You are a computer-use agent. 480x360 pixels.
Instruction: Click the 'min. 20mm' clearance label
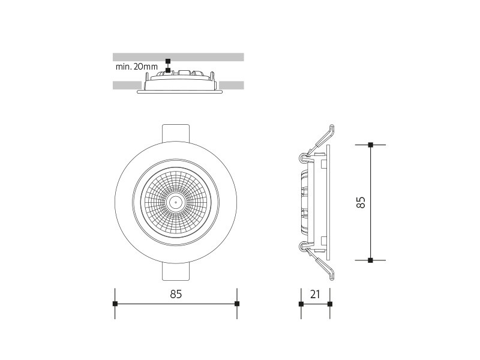pyautogui.click(x=137, y=67)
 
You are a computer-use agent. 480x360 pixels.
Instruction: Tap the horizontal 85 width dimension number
pyautogui.click(x=176, y=294)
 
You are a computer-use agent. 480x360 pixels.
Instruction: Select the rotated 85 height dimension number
pyautogui.click(x=361, y=202)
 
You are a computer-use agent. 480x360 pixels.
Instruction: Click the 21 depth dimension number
pyautogui.click(x=315, y=294)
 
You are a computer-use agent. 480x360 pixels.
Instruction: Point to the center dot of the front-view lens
pyautogui.click(x=176, y=202)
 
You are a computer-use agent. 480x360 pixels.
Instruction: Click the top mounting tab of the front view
pyautogui.click(x=176, y=133)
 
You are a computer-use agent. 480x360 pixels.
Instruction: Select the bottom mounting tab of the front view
pyautogui.click(x=176, y=271)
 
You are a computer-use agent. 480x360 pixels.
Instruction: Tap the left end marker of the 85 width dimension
pyautogui.click(x=115, y=304)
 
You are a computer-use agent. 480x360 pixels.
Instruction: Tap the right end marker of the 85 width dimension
pyautogui.click(x=236, y=304)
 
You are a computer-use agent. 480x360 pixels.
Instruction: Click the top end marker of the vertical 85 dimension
pyautogui.click(x=370, y=145)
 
